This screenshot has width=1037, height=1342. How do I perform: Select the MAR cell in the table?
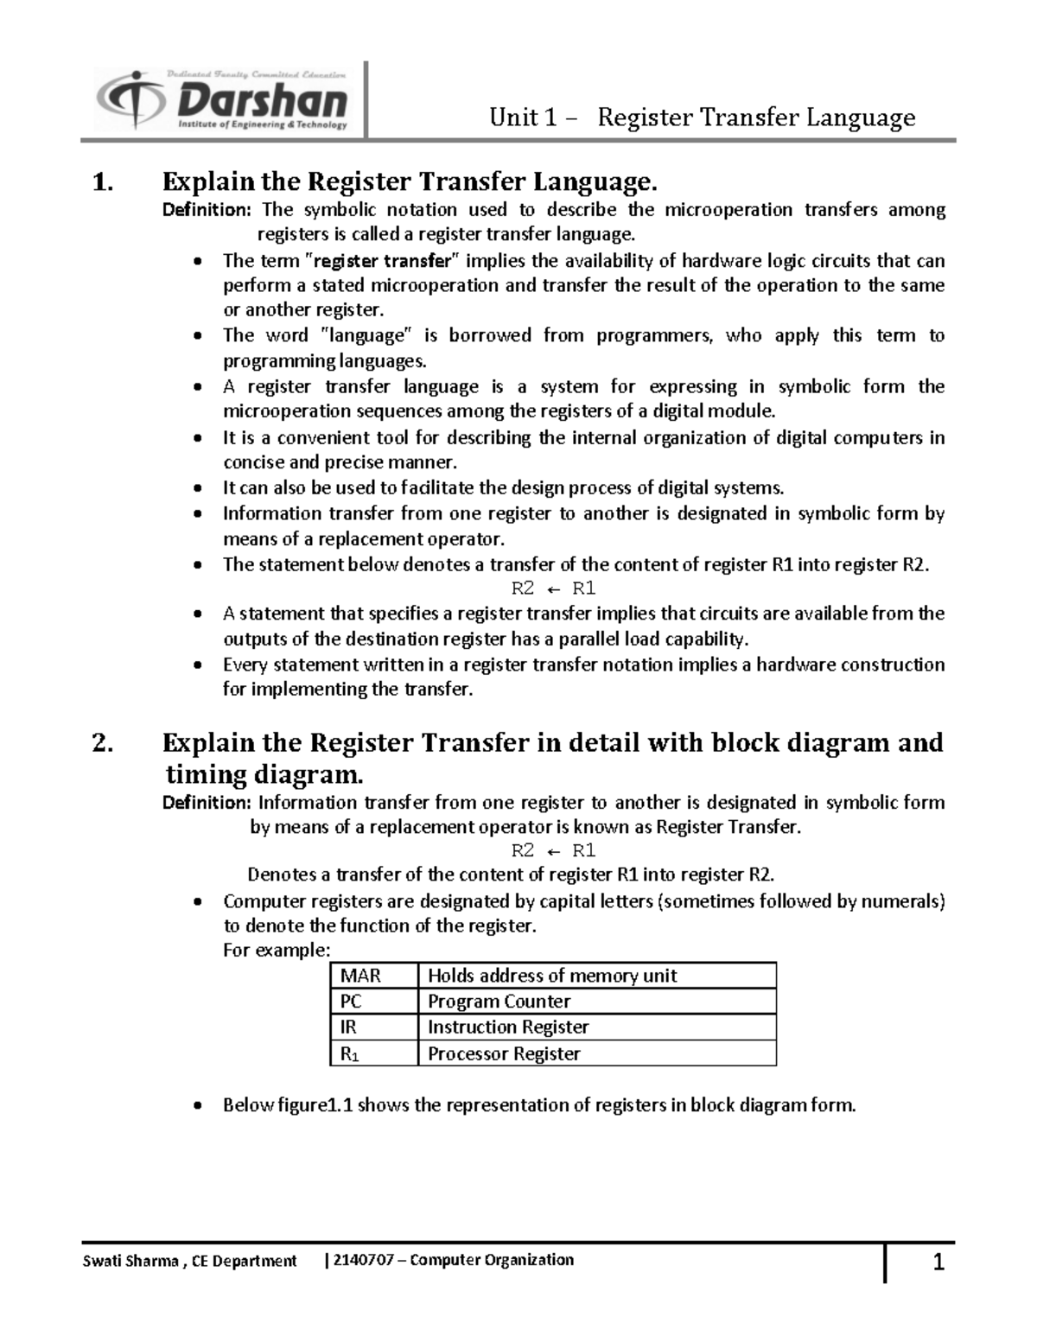[361, 976]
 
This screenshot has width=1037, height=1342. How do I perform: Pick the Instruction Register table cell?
[508, 1027]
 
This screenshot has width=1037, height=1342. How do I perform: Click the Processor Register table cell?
[504, 1053]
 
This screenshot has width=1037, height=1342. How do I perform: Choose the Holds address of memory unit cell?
[552, 976]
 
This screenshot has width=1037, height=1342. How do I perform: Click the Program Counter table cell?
[499, 1002]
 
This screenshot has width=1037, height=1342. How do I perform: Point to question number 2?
[103, 743]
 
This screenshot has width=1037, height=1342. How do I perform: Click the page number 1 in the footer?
[938, 1264]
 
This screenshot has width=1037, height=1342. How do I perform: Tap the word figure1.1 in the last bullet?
[315, 1105]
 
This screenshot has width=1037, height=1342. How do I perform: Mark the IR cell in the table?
[349, 1027]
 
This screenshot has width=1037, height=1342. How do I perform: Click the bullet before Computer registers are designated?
[200, 902]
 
